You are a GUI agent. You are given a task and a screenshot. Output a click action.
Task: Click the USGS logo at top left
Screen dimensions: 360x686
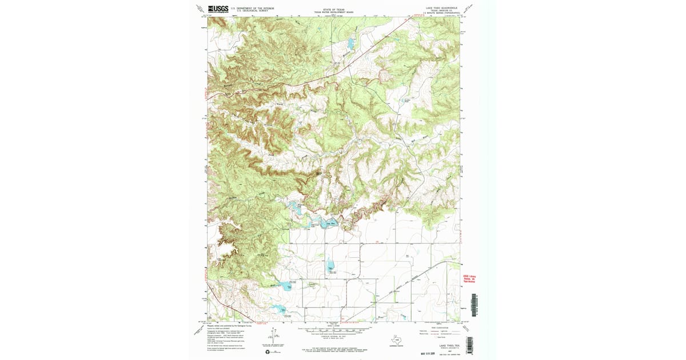point(218,9)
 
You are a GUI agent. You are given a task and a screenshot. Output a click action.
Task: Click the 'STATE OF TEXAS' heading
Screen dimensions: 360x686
point(334,10)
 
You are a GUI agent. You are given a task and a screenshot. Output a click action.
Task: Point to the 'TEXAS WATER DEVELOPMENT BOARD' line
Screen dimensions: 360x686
point(334,13)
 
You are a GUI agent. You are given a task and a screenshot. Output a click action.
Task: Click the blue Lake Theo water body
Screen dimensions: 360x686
point(328,223)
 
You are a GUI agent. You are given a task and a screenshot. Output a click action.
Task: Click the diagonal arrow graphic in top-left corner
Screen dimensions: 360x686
point(200,9)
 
